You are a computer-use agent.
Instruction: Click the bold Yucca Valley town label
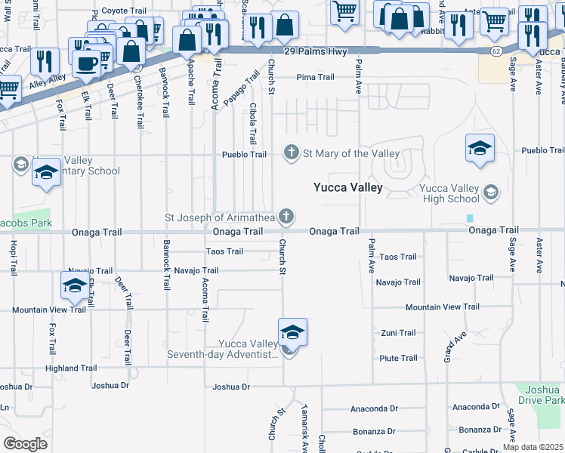click(348, 187)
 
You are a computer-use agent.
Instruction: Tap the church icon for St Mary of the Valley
click(291, 154)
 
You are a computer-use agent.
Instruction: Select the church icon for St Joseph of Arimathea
click(286, 217)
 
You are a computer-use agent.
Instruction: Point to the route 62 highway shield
click(496, 51)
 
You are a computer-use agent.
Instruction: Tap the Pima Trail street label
click(315, 77)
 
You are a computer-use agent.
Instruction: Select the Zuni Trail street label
click(397, 333)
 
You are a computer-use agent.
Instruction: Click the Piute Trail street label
click(397, 359)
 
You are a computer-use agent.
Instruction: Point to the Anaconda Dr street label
click(374, 409)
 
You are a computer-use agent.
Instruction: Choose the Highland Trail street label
click(71, 368)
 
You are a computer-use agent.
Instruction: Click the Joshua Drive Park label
click(541, 394)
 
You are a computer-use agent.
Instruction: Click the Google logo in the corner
click(25, 443)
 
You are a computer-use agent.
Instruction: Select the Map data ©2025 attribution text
click(533, 447)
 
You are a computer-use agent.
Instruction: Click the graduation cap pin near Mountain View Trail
click(74, 285)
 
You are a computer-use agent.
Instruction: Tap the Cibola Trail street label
click(253, 125)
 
